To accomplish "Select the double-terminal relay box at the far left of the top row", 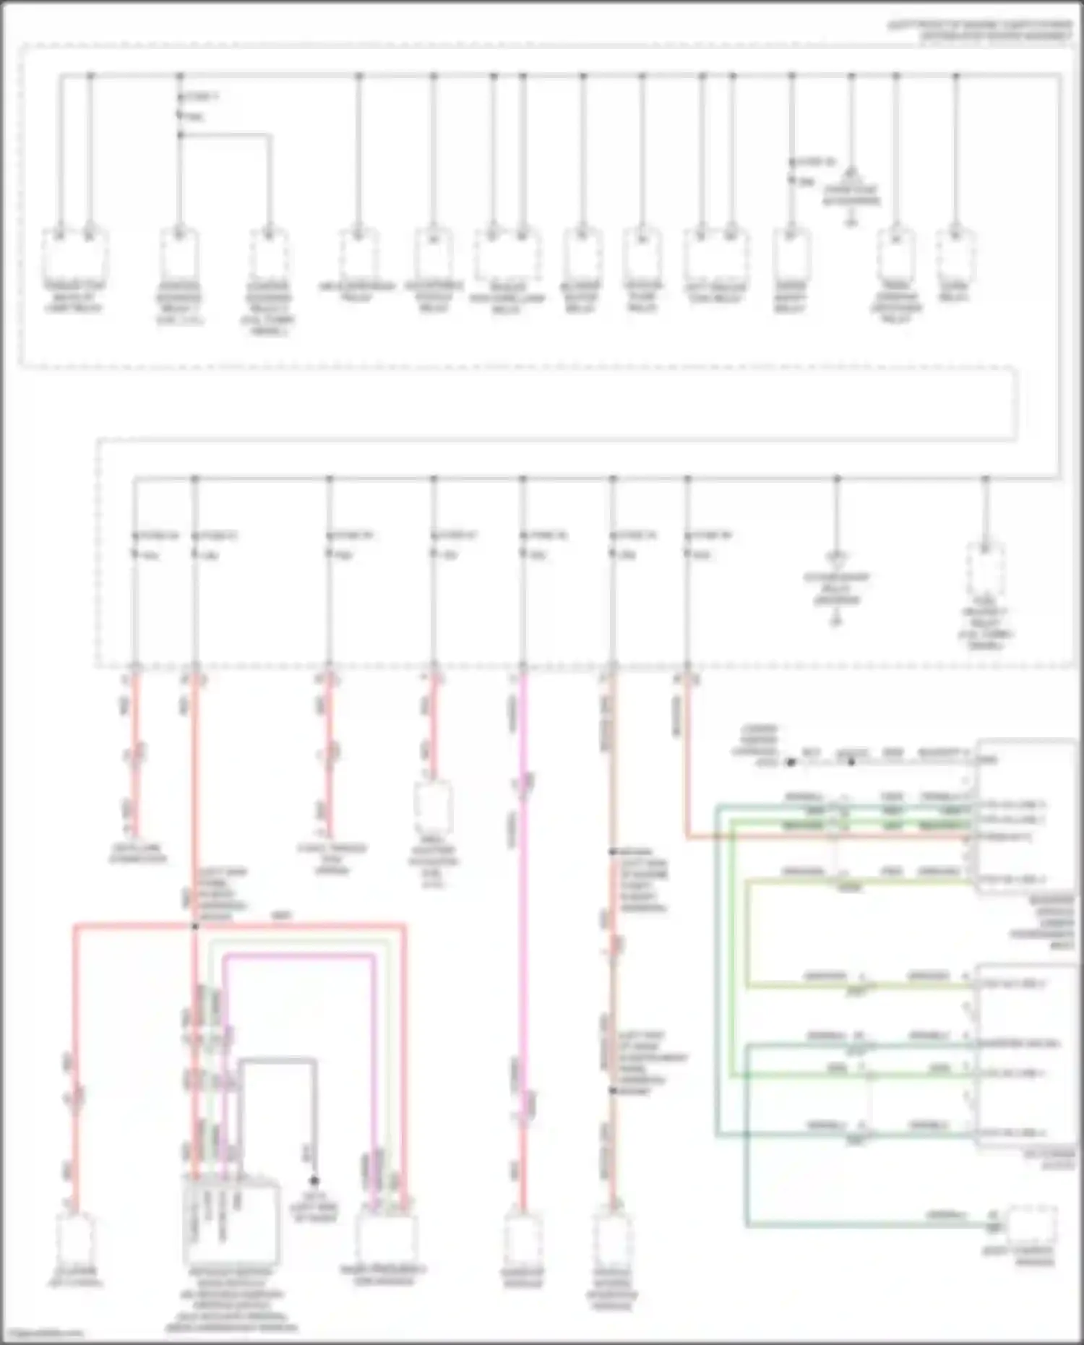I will pos(74,254).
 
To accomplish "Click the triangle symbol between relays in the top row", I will pos(851,174).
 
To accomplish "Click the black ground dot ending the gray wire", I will pos(314,1180).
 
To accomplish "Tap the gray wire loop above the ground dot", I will pos(278,1061).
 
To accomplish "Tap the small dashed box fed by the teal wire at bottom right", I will pos(1031,1224).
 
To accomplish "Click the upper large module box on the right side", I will pos(1025,817).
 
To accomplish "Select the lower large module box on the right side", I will pos(1025,1055).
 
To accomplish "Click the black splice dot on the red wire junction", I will pos(194,926).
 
